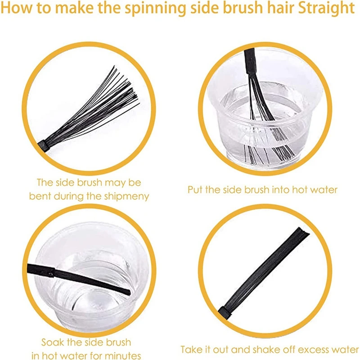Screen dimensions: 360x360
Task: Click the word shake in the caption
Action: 253,349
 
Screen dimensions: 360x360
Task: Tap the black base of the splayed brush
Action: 44,144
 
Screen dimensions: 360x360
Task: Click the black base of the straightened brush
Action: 225,311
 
